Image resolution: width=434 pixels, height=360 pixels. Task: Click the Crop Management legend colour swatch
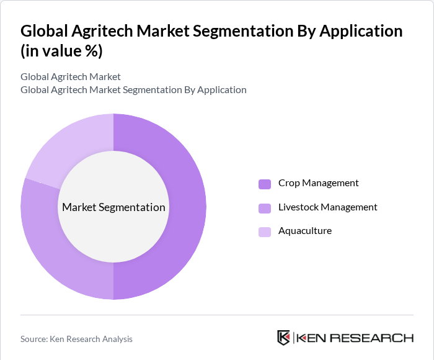[x=265, y=184]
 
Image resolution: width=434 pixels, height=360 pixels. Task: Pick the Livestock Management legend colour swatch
[x=265, y=208]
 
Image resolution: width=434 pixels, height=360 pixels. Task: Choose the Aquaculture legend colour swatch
[x=265, y=232]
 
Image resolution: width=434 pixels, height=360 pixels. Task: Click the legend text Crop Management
[x=318, y=183]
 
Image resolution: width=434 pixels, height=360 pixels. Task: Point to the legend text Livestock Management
[x=327, y=207]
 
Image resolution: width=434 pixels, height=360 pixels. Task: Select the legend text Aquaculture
[x=304, y=231]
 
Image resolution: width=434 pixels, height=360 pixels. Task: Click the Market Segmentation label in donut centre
[x=113, y=207]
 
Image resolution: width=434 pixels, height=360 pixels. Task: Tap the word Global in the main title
[x=45, y=31]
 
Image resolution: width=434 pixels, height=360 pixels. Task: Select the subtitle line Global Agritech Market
[x=70, y=77]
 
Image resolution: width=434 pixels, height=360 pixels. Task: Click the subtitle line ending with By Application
[x=133, y=90]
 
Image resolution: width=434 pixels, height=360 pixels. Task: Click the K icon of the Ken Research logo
[x=283, y=338]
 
